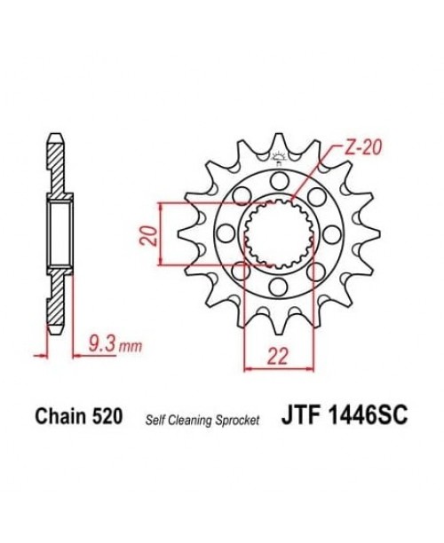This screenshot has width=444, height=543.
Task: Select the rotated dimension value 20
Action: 149,234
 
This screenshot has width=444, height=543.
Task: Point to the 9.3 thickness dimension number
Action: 100,339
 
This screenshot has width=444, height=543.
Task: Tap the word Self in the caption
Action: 155,419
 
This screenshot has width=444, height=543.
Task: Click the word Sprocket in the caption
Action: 239,419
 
